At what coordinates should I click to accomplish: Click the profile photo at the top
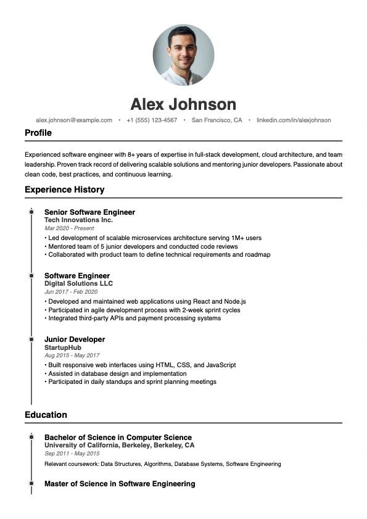click(183, 55)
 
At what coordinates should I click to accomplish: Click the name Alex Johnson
click(183, 104)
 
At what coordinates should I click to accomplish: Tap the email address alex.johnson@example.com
click(74, 120)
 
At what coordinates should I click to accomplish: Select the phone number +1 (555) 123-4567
click(152, 120)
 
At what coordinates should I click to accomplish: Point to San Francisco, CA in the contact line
click(216, 120)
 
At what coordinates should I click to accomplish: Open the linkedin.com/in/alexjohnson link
click(294, 120)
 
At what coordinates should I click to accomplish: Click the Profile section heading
click(38, 133)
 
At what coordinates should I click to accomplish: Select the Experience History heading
click(64, 189)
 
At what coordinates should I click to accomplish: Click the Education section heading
click(46, 415)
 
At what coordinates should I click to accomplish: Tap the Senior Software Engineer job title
click(89, 212)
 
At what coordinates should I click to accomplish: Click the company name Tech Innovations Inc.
click(78, 220)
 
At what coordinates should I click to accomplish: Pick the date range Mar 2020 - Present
click(69, 228)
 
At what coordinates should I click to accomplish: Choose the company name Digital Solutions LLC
click(78, 284)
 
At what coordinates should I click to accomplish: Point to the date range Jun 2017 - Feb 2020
click(71, 292)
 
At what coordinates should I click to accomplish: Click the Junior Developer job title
click(75, 339)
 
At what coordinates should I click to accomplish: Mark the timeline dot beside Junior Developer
click(31, 339)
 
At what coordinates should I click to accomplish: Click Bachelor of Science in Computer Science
click(118, 438)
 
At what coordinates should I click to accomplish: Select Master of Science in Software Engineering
click(120, 484)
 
